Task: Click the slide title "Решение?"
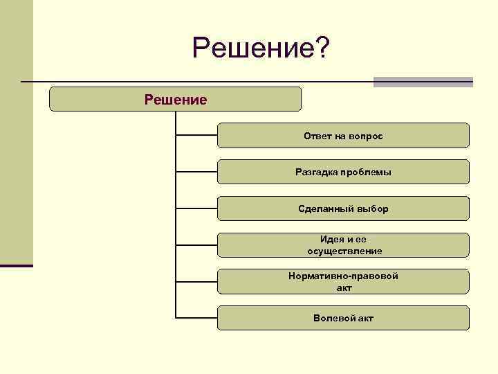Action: click(x=261, y=48)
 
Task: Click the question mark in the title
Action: click(x=323, y=48)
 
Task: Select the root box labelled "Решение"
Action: click(x=175, y=99)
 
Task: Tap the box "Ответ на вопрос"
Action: click(x=343, y=136)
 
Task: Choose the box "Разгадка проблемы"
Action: click(x=343, y=172)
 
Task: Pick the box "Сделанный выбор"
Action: click(x=343, y=208)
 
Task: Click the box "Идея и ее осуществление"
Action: click(x=343, y=245)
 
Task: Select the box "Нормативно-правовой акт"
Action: click(x=343, y=281)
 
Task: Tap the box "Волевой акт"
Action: click(x=343, y=318)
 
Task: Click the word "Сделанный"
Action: click(x=326, y=208)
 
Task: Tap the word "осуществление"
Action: click(x=344, y=251)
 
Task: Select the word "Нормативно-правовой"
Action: click(x=343, y=276)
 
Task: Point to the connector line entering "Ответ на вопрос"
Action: click(x=196, y=135)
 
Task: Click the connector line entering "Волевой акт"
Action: click(x=196, y=318)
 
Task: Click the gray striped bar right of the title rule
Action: click(x=423, y=82)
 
